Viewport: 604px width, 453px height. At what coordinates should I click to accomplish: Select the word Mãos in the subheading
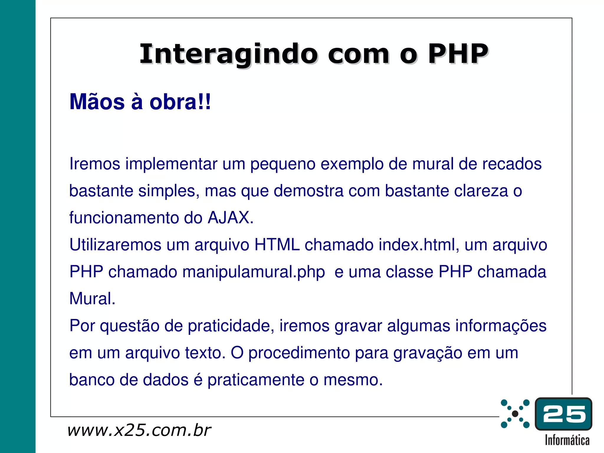(97, 102)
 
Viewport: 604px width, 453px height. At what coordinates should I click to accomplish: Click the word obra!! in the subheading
(180, 102)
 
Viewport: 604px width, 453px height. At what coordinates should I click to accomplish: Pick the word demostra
(308, 191)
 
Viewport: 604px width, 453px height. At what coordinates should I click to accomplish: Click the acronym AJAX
(230, 218)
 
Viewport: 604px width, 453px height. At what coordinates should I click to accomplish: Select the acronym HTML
(277, 245)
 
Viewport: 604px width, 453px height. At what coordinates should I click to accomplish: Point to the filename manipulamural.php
(254, 272)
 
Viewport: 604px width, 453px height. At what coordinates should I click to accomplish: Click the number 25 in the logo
(564, 414)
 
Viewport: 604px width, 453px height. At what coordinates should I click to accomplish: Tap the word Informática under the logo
(567, 440)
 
